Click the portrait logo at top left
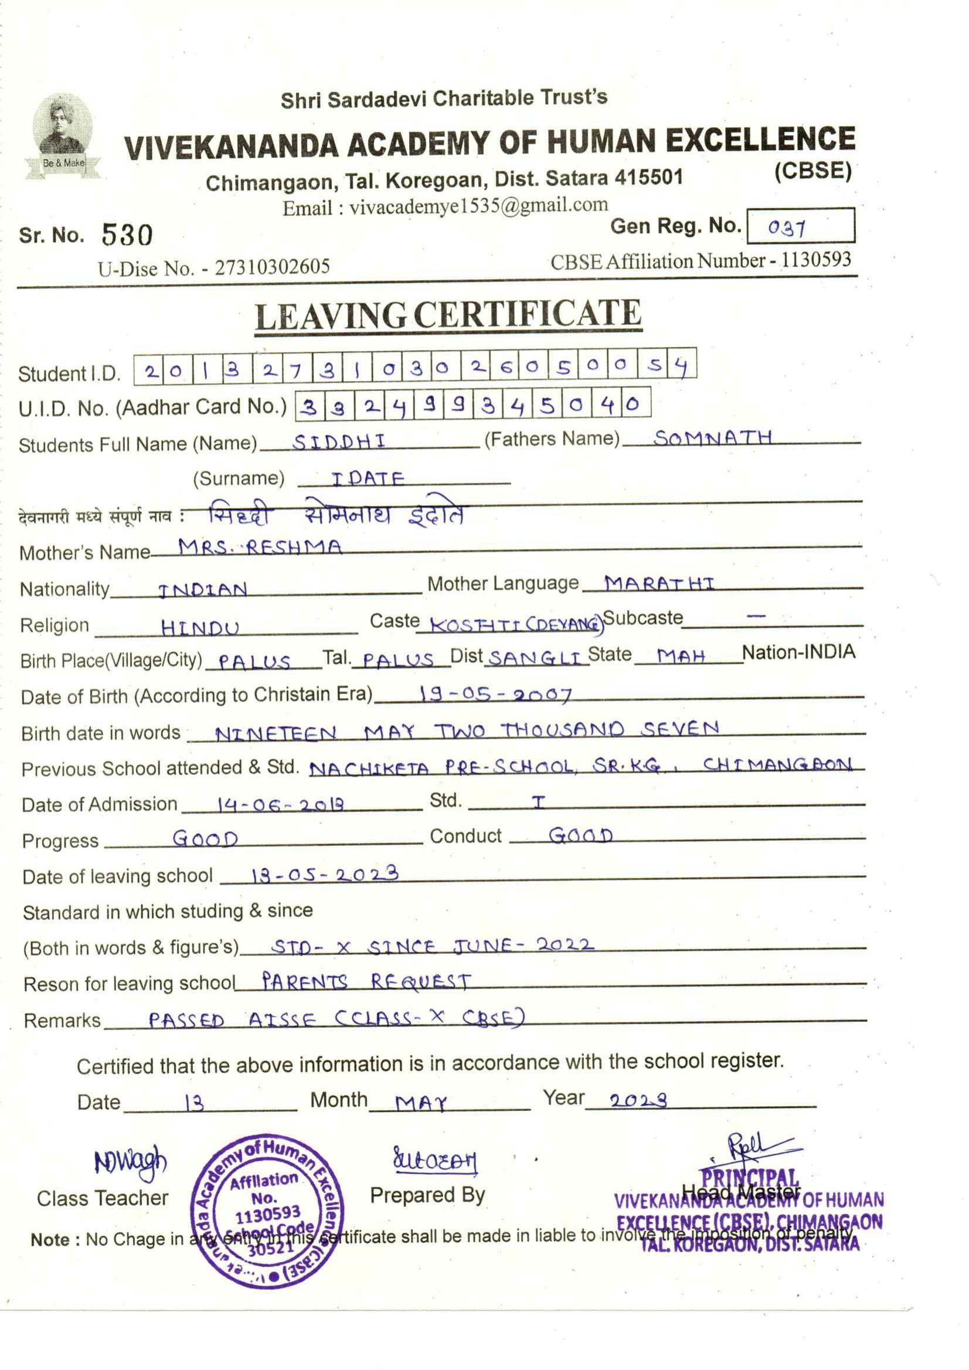(63, 135)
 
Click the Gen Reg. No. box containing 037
(800, 226)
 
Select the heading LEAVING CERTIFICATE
(448, 315)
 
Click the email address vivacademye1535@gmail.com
(478, 206)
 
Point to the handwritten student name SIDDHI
(339, 441)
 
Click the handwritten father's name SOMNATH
(713, 438)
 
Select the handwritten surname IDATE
(368, 478)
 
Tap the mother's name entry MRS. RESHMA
(261, 546)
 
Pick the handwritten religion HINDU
(200, 628)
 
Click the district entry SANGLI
(535, 658)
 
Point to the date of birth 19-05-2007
(495, 694)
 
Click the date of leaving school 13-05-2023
(325, 875)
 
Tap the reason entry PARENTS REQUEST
(366, 981)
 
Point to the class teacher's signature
(131, 1162)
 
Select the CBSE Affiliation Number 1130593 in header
(816, 260)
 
